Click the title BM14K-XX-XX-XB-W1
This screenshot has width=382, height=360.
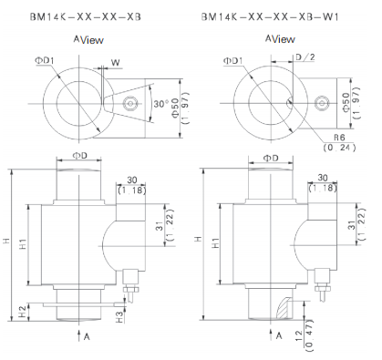tap(270, 16)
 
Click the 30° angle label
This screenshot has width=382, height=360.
tap(160, 104)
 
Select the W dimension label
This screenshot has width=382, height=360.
tap(116, 63)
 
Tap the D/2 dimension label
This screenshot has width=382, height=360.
tap(305, 57)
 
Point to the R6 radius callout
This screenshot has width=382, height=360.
tap(339, 138)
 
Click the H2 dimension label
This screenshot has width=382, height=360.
tap(22, 312)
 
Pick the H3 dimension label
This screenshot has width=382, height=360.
tap(120, 317)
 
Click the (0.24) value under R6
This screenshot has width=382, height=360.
tap(339, 148)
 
